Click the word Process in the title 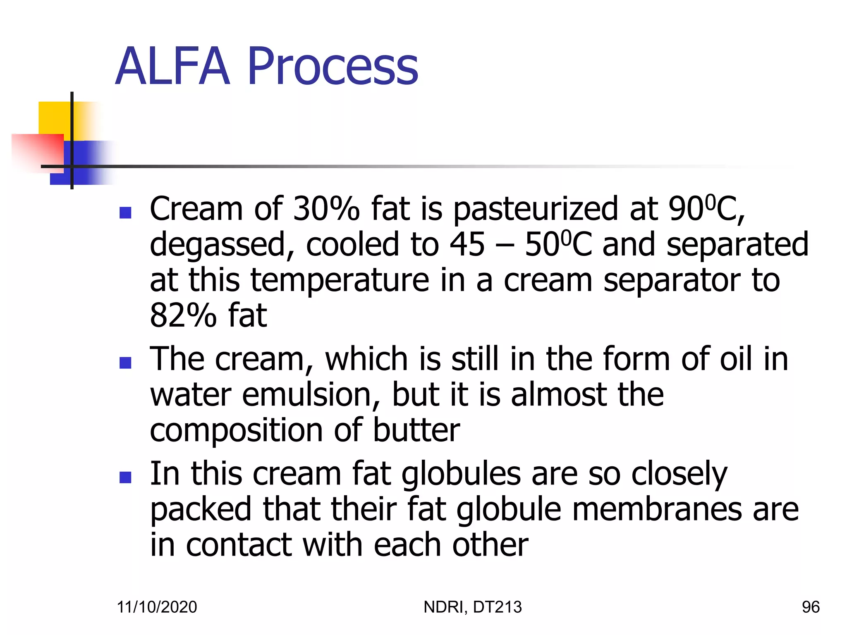coord(333,67)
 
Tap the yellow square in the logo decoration coord(54,118)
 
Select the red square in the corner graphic coord(37,151)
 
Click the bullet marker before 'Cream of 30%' coord(125,212)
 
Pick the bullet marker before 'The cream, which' coord(125,363)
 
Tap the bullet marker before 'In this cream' coord(125,477)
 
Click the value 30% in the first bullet coord(326,209)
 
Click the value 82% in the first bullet coord(183,316)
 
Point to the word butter coord(416,430)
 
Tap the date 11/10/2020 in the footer coord(157,607)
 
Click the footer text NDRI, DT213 coord(473,607)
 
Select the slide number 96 coord(810,607)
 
